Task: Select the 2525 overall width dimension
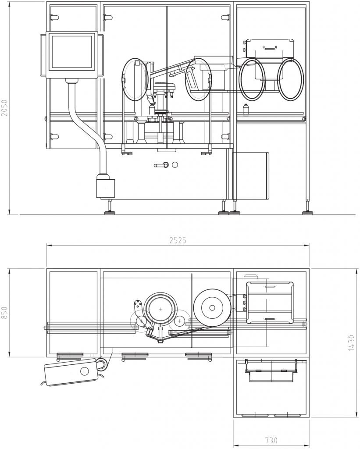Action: (178, 240)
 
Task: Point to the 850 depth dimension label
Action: (5, 312)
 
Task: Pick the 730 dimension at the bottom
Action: (271, 440)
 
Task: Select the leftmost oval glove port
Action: (135, 79)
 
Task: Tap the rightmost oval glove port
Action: (290, 79)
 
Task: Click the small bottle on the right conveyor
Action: (246, 108)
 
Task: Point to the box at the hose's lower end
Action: (105, 186)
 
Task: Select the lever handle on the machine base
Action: (160, 165)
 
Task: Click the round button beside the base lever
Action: (175, 165)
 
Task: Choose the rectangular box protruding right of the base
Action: (250, 175)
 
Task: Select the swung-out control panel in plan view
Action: (72, 372)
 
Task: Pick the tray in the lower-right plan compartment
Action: (271, 371)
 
